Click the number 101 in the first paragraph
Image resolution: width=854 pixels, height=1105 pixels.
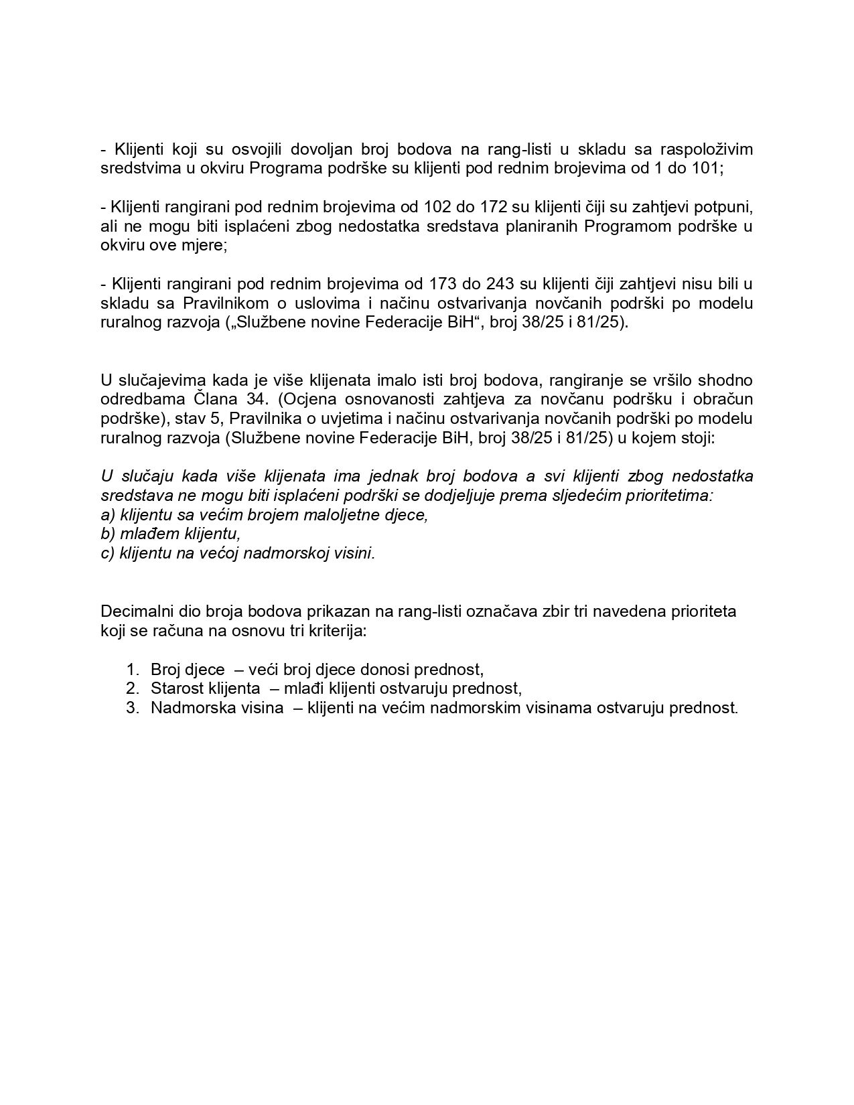(x=706, y=167)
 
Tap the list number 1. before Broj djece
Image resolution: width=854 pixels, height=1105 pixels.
(x=132, y=669)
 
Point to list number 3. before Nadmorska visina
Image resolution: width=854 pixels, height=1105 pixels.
(x=132, y=708)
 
